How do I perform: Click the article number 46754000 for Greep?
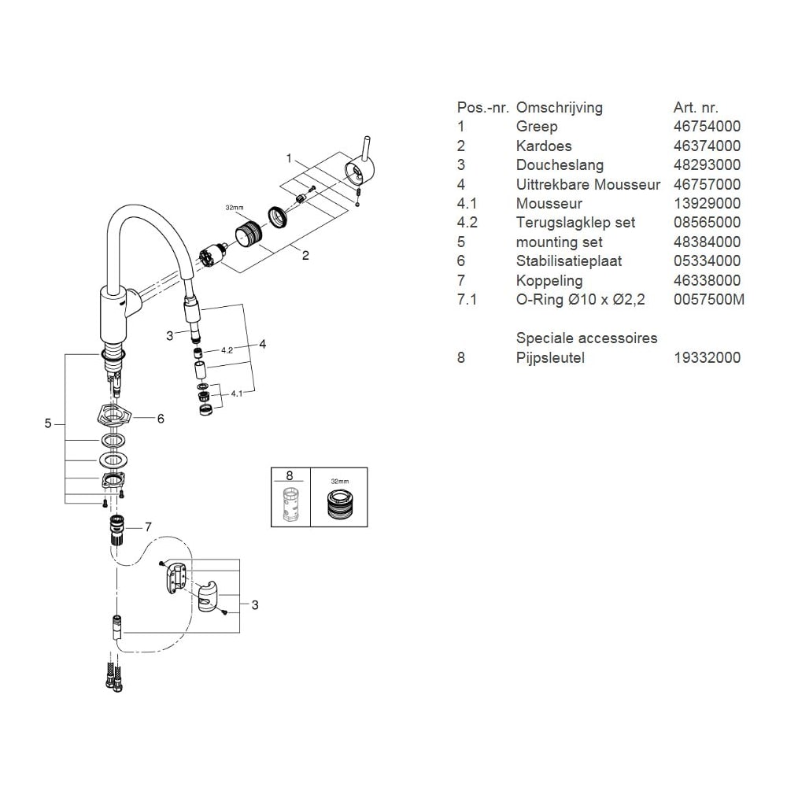[x=707, y=127]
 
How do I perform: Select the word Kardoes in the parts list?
[x=544, y=146]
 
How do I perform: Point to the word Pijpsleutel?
[x=550, y=358]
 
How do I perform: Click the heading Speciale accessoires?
[x=586, y=338]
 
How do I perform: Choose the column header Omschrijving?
[x=559, y=108]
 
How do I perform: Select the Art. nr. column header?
[x=696, y=108]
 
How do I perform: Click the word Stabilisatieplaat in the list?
[x=567, y=261]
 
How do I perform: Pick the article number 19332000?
[x=707, y=358]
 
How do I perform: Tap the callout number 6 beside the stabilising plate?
[x=161, y=419]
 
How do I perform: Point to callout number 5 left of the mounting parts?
[x=48, y=424]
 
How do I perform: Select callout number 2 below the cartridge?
[x=305, y=254]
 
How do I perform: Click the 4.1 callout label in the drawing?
[x=237, y=392]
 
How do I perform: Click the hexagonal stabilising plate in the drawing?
[x=113, y=415]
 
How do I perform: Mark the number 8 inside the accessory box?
[x=289, y=475]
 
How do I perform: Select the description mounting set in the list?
[x=559, y=242]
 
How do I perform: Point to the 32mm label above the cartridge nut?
[x=235, y=208]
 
